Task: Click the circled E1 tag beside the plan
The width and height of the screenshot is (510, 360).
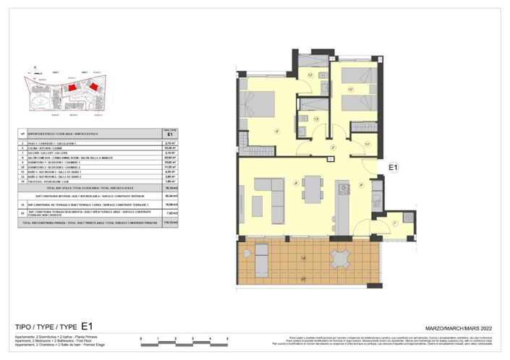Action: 394,168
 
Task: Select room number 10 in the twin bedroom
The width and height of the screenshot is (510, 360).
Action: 350,90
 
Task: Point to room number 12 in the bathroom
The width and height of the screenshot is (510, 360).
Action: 310,74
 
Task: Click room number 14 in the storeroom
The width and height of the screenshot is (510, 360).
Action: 367,145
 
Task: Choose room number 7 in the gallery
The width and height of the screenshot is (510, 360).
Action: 394,223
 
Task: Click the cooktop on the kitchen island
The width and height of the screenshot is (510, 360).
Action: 343,190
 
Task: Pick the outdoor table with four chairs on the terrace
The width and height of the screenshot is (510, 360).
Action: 339,258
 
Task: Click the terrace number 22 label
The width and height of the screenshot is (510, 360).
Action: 303,278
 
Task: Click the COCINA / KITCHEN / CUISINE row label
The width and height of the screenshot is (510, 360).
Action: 43,148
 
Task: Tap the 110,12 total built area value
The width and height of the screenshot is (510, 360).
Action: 171,223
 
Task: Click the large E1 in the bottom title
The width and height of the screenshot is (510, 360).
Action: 88,326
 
